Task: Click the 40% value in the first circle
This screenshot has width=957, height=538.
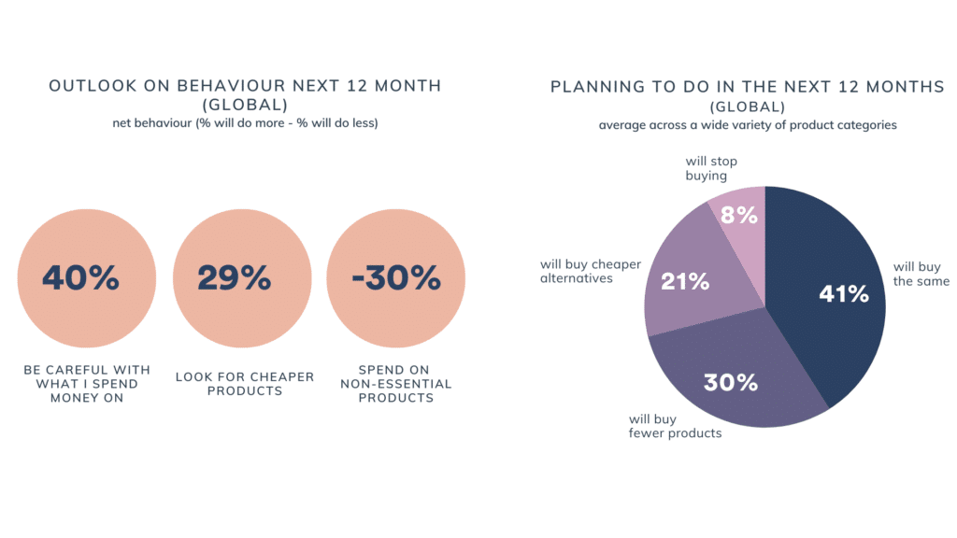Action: (80, 277)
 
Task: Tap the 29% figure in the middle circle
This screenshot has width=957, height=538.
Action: (235, 277)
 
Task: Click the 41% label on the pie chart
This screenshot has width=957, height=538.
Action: (844, 293)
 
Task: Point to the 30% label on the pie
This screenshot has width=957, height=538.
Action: (731, 382)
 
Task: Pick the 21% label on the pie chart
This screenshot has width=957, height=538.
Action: (685, 281)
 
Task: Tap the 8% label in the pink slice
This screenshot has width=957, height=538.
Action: (739, 215)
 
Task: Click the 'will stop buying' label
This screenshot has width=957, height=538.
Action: (711, 168)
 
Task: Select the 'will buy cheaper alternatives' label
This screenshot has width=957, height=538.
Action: (591, 271)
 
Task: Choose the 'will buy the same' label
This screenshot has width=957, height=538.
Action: (921, 274)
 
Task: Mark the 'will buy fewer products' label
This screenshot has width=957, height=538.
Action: (675, 426)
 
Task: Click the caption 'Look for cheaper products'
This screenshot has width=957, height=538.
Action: (245, 383)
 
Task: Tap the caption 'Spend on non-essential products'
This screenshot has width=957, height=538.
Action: (395, 384)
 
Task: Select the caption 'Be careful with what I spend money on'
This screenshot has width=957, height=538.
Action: (87, 384)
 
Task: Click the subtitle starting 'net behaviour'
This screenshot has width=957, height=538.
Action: (245, 122)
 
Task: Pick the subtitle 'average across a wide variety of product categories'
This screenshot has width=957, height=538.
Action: (748, 125)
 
